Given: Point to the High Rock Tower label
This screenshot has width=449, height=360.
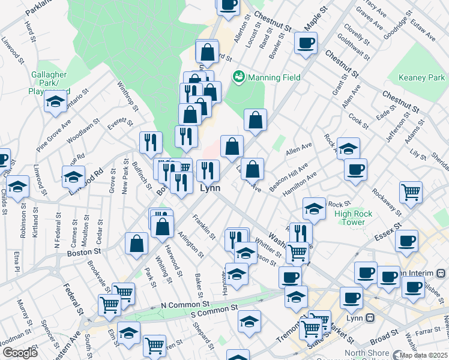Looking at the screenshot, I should pos(354,218).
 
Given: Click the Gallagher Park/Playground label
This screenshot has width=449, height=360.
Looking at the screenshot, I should pos(49,82).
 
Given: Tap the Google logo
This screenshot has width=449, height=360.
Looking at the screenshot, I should pos(20,353).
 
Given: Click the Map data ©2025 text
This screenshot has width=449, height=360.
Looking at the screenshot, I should pos(424,355).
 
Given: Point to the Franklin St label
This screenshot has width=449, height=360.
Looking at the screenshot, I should pos(203,227).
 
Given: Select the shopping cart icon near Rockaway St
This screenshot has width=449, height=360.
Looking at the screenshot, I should pos(411,193).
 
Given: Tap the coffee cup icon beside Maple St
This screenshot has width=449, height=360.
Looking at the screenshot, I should pos(306,43).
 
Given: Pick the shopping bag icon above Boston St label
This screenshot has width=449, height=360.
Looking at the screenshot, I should pos(136,244).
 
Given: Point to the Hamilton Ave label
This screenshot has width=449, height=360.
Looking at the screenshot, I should pos(300,183).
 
